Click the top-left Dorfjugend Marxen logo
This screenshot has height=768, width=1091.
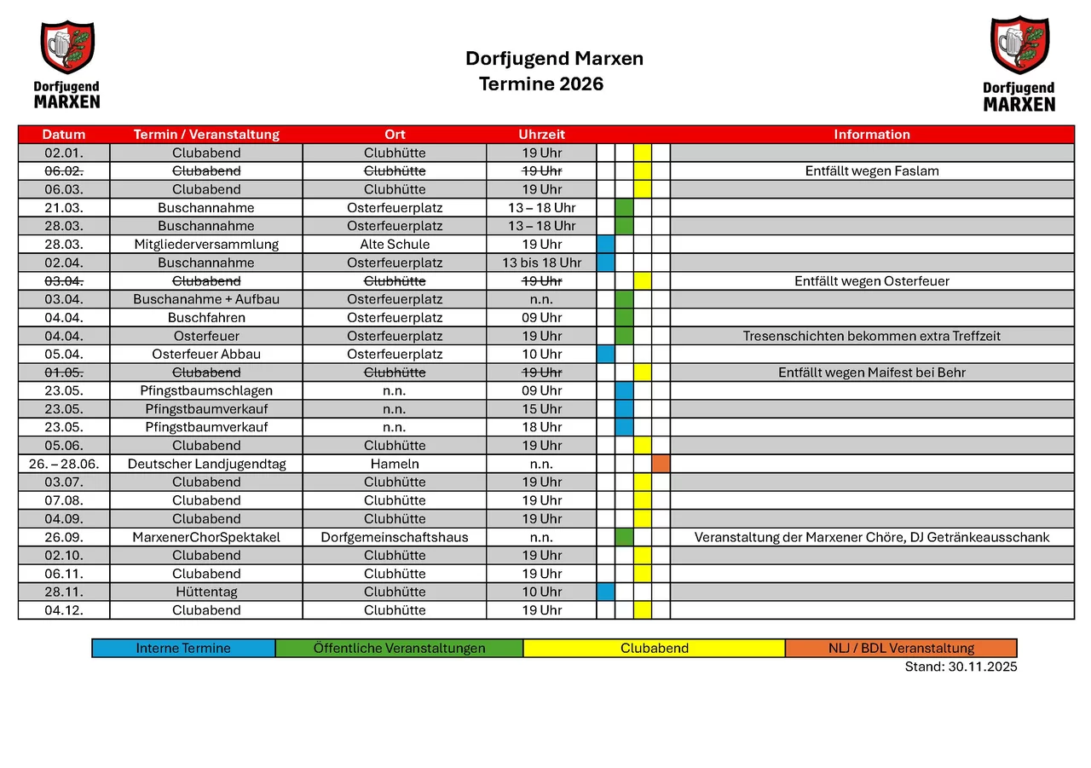(x=66, y=65)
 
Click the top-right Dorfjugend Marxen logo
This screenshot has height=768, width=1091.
(x=1019, y=65)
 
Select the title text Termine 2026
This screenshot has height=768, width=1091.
(x=541, y=84)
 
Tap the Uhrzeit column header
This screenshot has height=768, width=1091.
(x=541, y=135)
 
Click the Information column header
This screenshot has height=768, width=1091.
(x=871, y=135)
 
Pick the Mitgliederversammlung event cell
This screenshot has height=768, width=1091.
(x=206, y=245)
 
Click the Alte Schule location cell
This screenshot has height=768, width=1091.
(x=395, y=245)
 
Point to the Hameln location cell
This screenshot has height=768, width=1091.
(x=395, y=465)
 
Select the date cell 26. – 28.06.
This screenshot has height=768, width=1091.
(x=64, y=465)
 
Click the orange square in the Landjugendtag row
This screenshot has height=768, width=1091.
(x=661, y=465)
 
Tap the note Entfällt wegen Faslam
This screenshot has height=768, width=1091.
(x=871, y=171)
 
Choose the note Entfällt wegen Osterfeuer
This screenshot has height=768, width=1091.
(x=871, y=281)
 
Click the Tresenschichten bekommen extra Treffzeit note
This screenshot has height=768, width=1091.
(x=871, y=336)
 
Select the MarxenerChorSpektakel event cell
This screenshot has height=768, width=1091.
(x=206, y=538)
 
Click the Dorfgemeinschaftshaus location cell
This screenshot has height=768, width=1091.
(x=395, y=538)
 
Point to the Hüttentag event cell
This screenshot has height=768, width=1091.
(x=206, y=592)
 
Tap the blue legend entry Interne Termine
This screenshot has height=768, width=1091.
(x=183, y=649)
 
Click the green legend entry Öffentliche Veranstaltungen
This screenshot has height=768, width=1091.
(x=399, y=649)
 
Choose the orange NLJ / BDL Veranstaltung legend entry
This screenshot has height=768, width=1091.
(x=901, y=649)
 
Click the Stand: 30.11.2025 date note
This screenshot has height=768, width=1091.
(x=961, y=667)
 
